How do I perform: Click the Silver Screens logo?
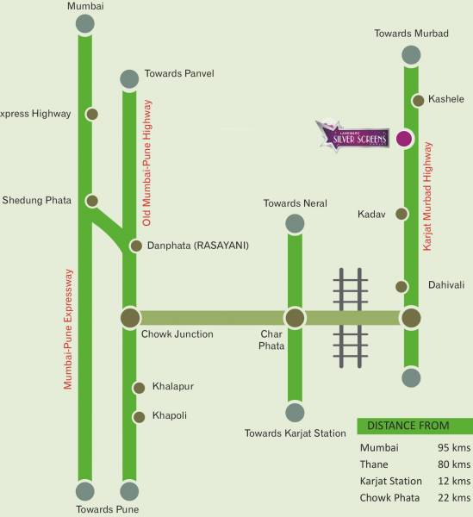(351, 136)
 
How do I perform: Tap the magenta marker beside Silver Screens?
(402, 138)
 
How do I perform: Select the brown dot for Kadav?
(401, 214)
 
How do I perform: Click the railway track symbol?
(350, 314)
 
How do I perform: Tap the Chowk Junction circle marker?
(130, 318)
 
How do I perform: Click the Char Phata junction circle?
(295, 318)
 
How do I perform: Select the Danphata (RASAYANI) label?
(198, 246)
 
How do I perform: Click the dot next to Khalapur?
(138, 388)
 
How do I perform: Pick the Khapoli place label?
(170, 415)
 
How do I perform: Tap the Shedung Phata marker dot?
(92, 201)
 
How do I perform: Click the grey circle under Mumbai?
(84, 24)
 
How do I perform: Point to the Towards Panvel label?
(179, 73)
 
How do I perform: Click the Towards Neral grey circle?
(295, 225)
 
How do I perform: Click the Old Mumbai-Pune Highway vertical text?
(147, 163)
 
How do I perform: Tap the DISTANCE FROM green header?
(414, 426)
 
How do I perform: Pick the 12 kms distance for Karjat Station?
(454, 481)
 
